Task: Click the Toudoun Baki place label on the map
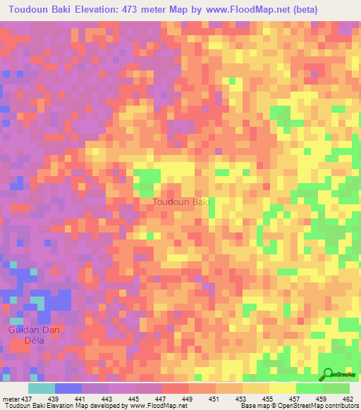[x=181, y=202]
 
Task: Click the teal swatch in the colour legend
[x=42, y=387]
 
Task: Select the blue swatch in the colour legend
[x=68, y=387]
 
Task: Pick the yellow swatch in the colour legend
[x=283, y=387]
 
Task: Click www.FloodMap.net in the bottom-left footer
[x=154, y=406]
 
